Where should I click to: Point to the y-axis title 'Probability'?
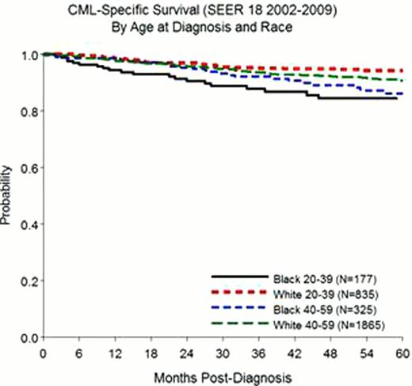(7, 196)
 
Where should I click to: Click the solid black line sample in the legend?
(236, 278)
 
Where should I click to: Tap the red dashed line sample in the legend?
(236, 293)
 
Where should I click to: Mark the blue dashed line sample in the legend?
(236, 307)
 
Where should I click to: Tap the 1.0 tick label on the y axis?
(28, 55)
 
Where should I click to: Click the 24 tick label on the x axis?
(187, 352)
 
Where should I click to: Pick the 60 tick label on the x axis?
(402, 352)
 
